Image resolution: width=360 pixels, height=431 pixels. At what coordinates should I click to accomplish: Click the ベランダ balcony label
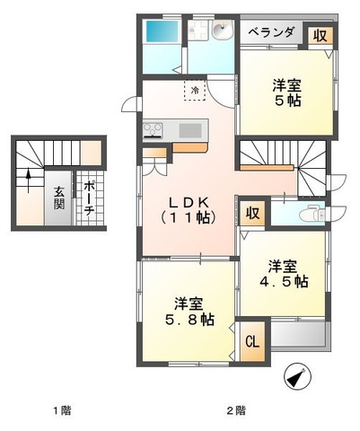click(x=271, y=32)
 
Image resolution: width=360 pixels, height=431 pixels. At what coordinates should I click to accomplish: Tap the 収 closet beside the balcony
click(x=320, y=36)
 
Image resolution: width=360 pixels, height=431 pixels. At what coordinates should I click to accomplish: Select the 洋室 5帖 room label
click(x=286, y=93)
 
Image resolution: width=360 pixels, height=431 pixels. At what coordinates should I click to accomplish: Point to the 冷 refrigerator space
click(x=195, y=90)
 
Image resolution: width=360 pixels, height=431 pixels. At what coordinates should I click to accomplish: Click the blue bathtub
click(x=162, y=31)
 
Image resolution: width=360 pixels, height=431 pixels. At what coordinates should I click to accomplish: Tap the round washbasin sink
click(x=222, y=30)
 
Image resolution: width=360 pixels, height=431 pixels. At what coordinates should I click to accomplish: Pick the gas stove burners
click(x=153, y=130)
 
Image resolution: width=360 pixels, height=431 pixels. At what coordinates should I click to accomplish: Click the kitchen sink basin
click(x=190, y=130)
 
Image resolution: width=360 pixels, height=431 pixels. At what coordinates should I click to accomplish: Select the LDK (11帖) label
click(x=189, y=211)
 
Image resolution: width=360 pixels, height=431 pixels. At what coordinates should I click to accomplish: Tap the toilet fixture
click(x=312, y=214)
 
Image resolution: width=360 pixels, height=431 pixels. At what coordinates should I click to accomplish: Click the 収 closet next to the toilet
click(x=253, y=214)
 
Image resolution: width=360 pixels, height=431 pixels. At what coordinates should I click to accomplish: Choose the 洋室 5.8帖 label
click(x=189, y=312)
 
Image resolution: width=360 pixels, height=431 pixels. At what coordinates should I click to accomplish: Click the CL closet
click(x=252, y=341)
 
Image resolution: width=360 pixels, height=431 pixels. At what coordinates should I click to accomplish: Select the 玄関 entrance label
click(x=59, y=198)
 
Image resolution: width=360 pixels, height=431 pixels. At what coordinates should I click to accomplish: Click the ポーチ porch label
click(x=89, y=198)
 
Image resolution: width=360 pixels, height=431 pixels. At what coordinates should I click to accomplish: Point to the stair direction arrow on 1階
click(x=29, y=180)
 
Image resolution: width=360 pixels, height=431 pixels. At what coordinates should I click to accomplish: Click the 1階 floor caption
click(x=62, y=410)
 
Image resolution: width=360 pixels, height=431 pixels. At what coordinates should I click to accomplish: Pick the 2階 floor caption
click(x=236, y=410)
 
